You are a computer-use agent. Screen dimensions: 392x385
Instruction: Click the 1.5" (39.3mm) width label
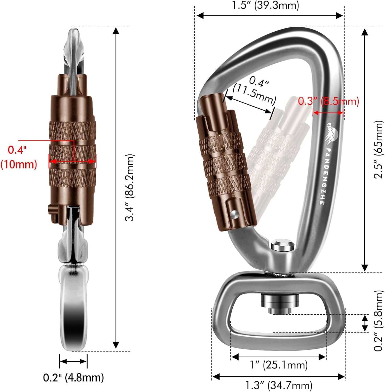[x=266, y=5]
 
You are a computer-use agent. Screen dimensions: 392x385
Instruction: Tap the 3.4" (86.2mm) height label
[x=130, y=188]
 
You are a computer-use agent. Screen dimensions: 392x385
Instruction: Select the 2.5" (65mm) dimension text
[x=378, y=150]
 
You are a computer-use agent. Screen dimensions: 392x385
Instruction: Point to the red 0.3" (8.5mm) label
[x=328, y=101]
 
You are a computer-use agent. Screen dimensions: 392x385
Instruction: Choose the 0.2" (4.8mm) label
[x=73, y=377]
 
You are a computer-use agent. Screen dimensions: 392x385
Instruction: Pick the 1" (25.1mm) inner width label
[x=279, y=365]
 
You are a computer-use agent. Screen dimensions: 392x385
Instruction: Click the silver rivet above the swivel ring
[x=282, y=246]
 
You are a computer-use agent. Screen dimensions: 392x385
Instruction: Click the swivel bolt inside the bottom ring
[x=280, y=304]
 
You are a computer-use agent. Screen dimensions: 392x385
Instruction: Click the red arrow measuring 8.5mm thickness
[x=328, y=113]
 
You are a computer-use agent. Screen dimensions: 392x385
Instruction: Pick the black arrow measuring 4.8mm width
[x=73, y=361]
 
